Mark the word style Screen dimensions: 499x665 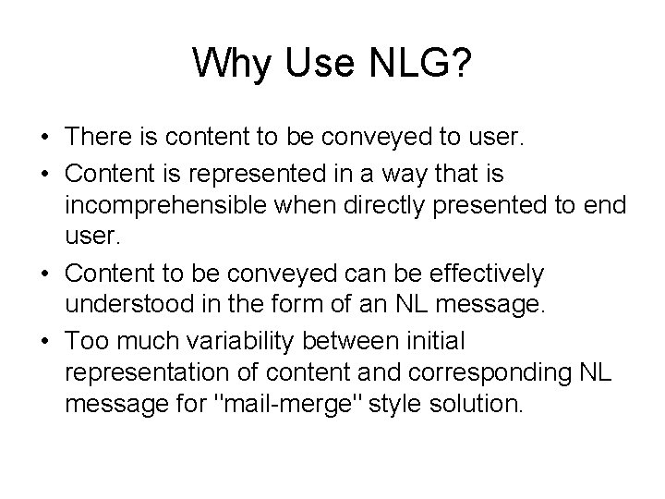398,403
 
